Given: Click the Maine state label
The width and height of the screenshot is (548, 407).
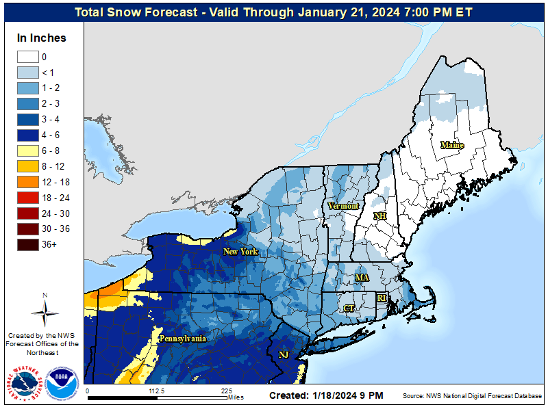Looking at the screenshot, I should click(x=451, y=145).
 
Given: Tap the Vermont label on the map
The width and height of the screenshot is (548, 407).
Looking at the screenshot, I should click(x=343, y=206).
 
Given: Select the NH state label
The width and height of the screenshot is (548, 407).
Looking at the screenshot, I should click(x=379, y=216).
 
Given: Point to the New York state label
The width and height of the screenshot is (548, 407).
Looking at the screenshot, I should click(x=240, y=252).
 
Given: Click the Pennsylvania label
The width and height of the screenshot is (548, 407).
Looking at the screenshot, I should click(x=183, y=339).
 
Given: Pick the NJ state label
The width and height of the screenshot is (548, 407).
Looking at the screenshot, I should click(x=284, y=354).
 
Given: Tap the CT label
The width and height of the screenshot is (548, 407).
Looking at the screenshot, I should click(x=349, y=308).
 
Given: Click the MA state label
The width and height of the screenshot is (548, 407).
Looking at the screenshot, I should click(x=362, y=277).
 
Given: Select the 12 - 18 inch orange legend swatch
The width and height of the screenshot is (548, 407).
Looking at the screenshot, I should click(x=28, y=182).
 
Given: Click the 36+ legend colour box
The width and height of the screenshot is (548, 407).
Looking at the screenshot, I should click(x=28, y=244).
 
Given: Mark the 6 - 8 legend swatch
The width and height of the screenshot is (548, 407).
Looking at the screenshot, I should click(x=28, y=150).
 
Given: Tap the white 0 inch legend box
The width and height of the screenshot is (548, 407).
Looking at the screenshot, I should click(x=28, y=57).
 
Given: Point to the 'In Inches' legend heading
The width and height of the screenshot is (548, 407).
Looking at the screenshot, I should click(x=42, y=38).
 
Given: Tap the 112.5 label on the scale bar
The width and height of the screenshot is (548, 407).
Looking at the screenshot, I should click(x=157, y=391).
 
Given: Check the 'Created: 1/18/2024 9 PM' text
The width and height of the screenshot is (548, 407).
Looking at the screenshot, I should click(x=326, y=395).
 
